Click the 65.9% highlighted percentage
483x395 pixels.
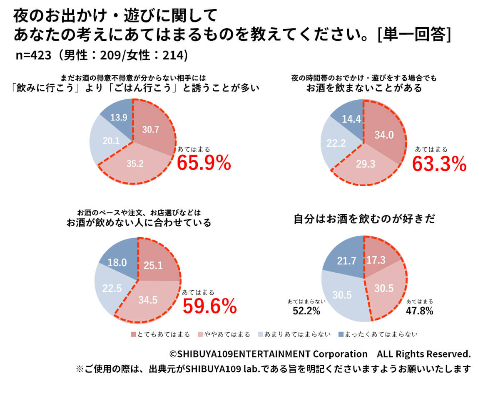204,163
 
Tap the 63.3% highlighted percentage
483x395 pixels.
439,164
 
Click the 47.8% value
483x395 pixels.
420,311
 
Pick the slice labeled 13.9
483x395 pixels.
118,118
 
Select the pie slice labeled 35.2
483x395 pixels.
135,163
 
